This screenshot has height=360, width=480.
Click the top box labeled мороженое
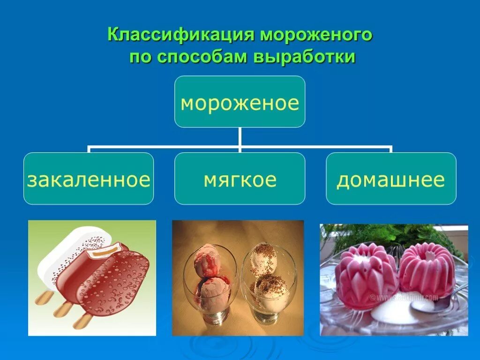[240, 102]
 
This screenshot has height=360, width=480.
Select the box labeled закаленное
[89, 179]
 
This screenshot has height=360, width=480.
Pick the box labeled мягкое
[240, 179]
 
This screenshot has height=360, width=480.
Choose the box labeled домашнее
[390, 179]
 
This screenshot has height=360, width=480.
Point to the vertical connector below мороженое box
[240, 138]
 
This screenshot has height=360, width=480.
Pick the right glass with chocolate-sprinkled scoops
[268, 286]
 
